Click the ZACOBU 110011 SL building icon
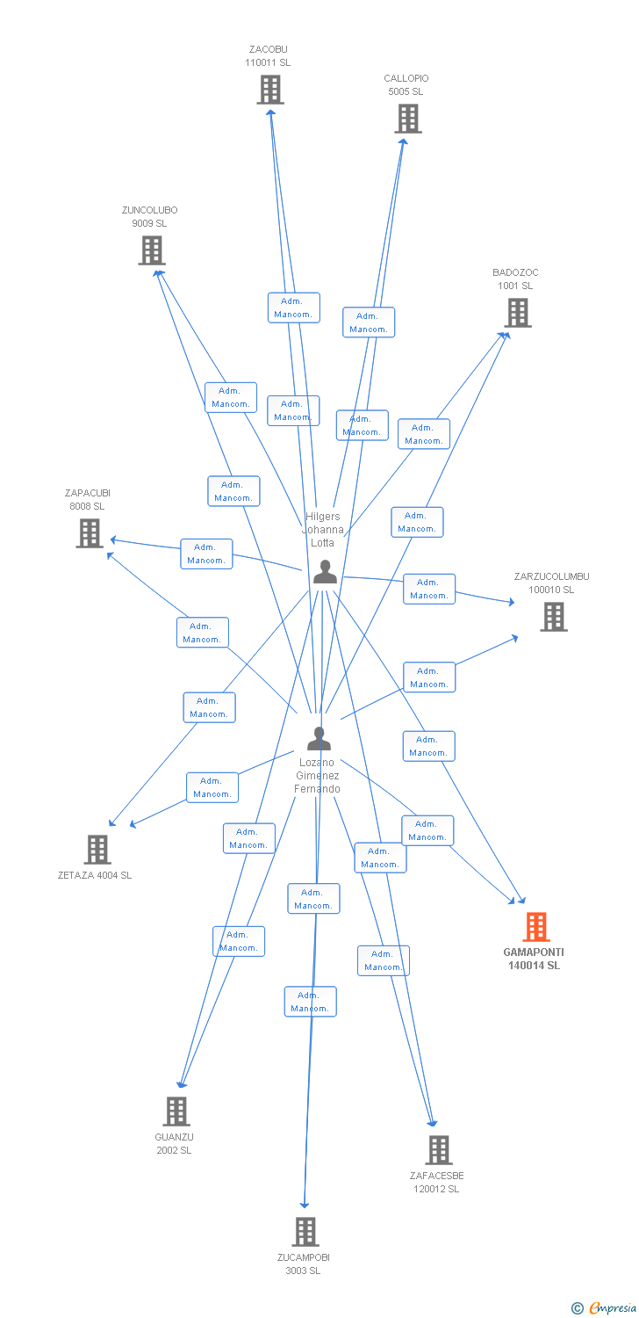coord(270,90)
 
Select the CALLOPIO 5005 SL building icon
coord(408,119)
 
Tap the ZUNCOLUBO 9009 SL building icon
coord(152,250)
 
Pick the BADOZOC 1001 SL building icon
coord(518,313)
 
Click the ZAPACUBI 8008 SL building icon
coord(90,533)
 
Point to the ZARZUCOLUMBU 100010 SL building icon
coord(554,617)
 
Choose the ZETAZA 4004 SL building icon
coord(97,850)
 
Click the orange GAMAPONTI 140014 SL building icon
coord(536,927)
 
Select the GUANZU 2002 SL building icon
coord(176,1112)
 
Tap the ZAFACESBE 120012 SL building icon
coord(439,1150)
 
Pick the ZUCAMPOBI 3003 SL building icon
coord(305,1232)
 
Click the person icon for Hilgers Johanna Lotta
coord(325,572)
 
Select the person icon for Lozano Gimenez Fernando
coord(319,739)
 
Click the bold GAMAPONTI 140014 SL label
coord(534,959)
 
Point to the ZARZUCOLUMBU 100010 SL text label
coord(552,583)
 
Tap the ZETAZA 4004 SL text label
coord(95,875)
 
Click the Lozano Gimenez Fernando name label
coord(318,776)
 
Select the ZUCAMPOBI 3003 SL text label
coord(304,1264)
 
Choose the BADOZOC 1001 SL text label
coord(515,279)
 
